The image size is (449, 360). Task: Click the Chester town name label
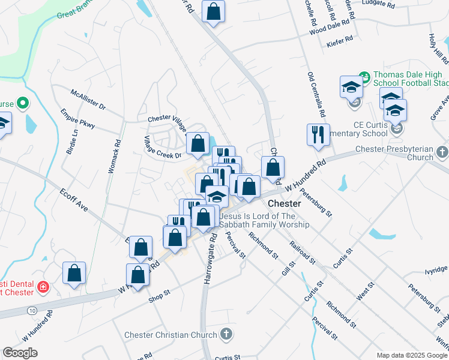[x=284, y=203]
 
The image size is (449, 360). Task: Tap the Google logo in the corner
[x=20, y=353]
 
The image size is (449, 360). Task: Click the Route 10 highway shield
[x=31, y=310]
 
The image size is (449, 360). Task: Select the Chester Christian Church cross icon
[x=226, y=334]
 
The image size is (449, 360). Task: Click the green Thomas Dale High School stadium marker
[x=364, y=77]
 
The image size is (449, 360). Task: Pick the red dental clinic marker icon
[x=43, y=288]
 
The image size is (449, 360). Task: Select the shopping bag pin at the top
[x=213, y=11]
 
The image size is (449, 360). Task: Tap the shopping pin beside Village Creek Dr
[x=197, y=143]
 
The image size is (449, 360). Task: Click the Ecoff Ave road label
[x=74, y=200]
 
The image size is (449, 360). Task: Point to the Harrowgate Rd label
[x=209, y=259]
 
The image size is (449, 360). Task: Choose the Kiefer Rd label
[x=340, y=40]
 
